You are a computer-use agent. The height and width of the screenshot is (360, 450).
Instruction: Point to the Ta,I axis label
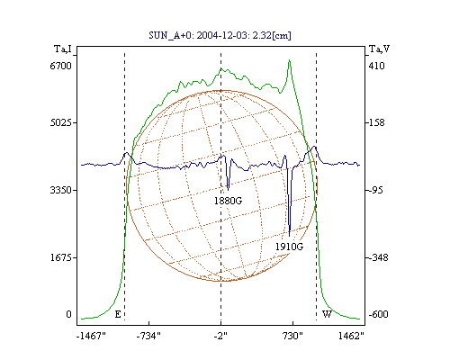[62, 49]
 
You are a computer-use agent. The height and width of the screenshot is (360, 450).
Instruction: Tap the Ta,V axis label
[380, 49]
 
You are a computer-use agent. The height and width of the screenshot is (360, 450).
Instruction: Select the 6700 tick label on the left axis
[60, 66]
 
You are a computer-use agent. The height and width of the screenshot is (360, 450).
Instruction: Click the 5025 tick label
[60, 122]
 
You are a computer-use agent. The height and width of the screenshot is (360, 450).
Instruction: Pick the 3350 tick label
[60, 190]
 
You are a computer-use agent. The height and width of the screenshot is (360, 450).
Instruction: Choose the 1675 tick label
[60, 257]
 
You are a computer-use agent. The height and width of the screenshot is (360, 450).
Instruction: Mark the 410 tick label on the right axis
[376, 66]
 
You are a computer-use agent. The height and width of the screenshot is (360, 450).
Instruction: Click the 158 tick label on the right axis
[376, 122]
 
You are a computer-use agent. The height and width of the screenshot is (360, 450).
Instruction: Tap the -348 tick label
[378, 257]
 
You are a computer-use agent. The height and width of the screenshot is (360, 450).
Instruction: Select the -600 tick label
[378, 314]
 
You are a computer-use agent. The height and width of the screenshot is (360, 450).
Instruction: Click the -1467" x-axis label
[91, 336]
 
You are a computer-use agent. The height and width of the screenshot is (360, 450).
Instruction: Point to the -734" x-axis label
[148, 336]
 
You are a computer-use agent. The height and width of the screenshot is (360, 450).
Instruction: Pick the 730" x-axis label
[292, 336]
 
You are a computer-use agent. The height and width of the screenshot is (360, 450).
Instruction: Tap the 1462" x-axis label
[351, 336]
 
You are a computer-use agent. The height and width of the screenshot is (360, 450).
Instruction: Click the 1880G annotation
[228, 201]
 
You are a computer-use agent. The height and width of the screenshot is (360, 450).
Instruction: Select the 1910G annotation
[289, 247]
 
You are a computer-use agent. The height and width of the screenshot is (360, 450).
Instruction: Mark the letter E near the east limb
[118, 314]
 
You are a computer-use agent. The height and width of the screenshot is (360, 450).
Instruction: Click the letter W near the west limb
[327, 314]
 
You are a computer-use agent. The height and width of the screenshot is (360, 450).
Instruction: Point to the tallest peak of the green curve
[289, 60]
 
